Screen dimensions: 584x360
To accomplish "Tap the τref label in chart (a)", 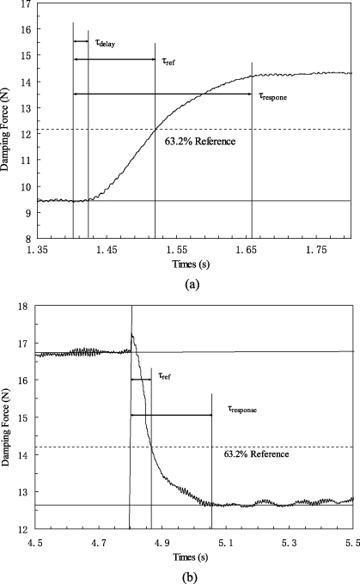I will click(x=169, y=60).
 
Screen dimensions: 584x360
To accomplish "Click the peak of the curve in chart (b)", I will click(x=131, y=334).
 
